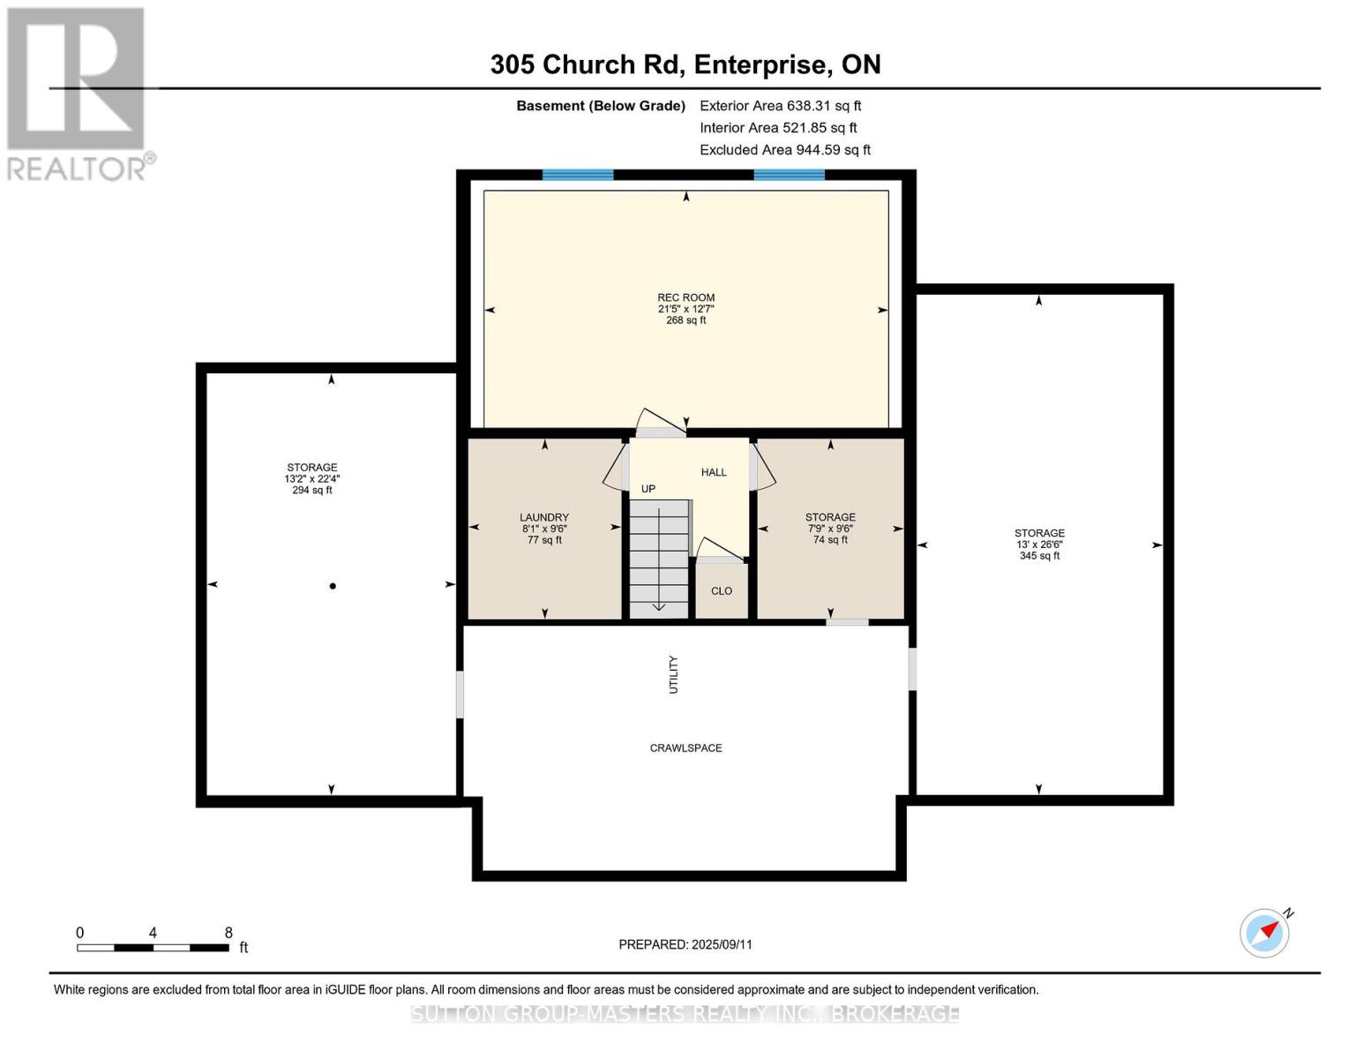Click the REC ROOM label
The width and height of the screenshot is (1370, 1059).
pyautogui.click(x=686, y=297)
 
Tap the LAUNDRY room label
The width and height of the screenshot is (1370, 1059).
pyautogui.click(x=544, y=517)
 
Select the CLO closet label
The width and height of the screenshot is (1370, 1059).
pyautogui.click(x=722, y=591)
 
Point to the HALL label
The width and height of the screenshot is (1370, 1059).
pyautogui.click(x=714, y=472)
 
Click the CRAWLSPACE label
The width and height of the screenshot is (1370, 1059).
pyautogui.click(x=686, y=748)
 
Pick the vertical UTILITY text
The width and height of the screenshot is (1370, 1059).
pyautogui.click(x=673, y=674)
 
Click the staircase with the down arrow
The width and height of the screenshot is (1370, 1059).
pyautogui.click(x=659, y=559)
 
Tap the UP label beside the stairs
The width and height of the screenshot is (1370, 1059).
pyautogui.click(x=648, y=489)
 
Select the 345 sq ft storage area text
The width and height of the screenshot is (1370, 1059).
pyautogui.click(x=1040, y=556)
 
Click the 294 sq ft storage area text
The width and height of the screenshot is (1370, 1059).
pyautogui.click(x=312, y=490)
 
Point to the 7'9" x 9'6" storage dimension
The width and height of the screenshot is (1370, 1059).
pyautogui.click(x=830, y=529)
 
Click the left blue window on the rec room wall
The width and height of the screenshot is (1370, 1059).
pyautogui.click(x=578, y=175)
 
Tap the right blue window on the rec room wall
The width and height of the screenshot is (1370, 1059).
pyautogui.click(x=790, y=175)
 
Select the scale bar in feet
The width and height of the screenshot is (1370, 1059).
pyautogui.click(x=153, y=947)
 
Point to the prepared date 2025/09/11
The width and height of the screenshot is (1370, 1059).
pyautogui.click(x=722, y=944)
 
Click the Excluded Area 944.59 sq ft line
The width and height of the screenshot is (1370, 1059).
pyautogui.click(x=785, y=150)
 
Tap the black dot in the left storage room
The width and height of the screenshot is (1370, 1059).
pyautogui.click(x=333, y=586)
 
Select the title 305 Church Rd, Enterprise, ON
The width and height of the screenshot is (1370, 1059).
pyautogui.click(x=685, y=64)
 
